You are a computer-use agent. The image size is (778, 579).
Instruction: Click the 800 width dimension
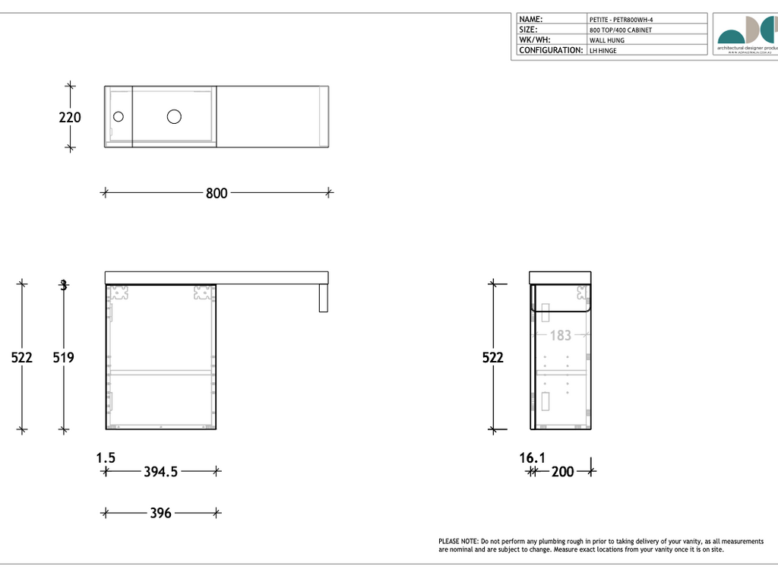217,193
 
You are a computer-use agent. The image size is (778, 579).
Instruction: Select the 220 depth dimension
70,118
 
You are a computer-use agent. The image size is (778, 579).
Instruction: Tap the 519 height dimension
63,356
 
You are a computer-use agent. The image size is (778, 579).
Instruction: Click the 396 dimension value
160,513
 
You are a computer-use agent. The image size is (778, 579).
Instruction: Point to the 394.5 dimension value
160,471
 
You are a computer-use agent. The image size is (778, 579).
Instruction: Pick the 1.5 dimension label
106,457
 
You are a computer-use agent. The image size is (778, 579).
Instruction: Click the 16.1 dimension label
533,457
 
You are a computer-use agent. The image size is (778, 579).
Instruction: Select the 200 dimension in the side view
562,472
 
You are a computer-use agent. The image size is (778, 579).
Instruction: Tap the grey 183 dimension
560,335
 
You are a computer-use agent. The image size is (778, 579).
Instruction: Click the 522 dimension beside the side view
493,356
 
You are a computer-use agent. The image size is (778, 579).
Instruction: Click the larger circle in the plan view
174,116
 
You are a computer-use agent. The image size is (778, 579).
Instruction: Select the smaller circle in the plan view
118,116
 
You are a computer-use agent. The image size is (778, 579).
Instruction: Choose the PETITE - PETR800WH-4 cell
621,20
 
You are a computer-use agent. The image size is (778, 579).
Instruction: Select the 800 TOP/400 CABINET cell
620,30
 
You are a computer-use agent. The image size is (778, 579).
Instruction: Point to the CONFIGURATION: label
551,50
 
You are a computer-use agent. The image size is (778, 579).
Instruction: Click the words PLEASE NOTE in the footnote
459,541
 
